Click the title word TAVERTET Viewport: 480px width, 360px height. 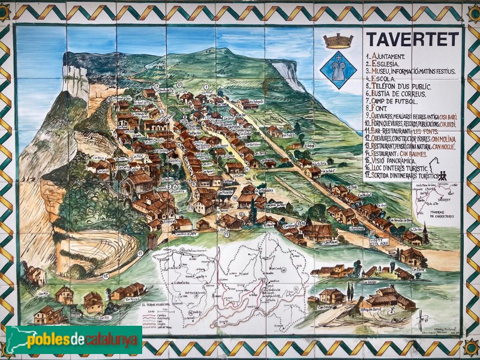[x=412, y=40]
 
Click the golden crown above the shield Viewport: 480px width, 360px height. [x=338, y=41]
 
